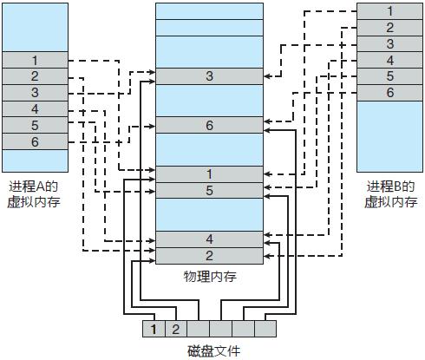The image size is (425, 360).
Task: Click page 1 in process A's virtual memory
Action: coord(35,60)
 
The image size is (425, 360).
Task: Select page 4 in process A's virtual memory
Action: coord(35,108)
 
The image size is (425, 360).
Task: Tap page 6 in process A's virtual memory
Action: coord(35,141)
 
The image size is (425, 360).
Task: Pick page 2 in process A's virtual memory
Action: coord(35,76)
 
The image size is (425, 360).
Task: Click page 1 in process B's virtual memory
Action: coord(389,11)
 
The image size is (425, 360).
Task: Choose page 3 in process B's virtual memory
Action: coord(389,43)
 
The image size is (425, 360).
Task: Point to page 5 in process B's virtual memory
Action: coord(389,75)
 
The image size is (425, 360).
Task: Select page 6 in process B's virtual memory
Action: coord(389,92)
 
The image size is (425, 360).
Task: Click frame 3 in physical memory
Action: coord(209,76)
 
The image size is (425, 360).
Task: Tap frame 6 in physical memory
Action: coord(209,125)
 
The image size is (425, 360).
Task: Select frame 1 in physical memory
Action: coord(209,174)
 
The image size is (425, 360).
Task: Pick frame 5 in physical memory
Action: coord(209,190)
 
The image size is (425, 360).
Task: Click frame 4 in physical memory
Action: coord(209,239)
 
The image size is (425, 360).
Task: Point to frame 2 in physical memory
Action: coord(209,255)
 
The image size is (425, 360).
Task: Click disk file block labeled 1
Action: coord(154,329)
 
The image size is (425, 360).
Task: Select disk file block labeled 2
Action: coord(173,329)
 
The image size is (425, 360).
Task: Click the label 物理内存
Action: coord(209,277)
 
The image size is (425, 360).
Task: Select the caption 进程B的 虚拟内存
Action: coord(389,195)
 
